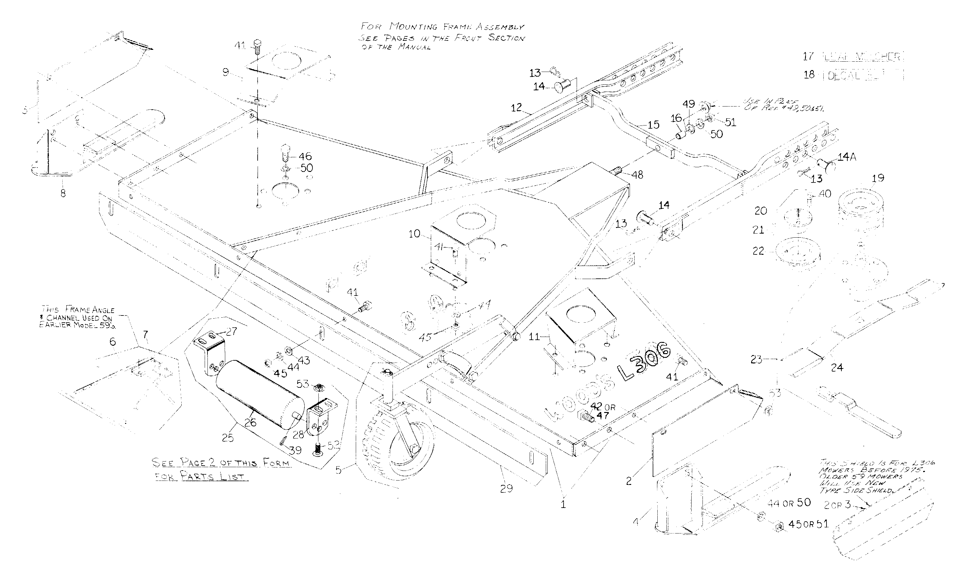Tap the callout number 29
coord(506,488)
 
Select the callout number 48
coord(637,175)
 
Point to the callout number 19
coord(878,178)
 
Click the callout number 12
coord(516,107)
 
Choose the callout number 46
coord(305,156)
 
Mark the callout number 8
coord(63,193)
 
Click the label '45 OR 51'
coord(808,524)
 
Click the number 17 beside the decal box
coord(808,56)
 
